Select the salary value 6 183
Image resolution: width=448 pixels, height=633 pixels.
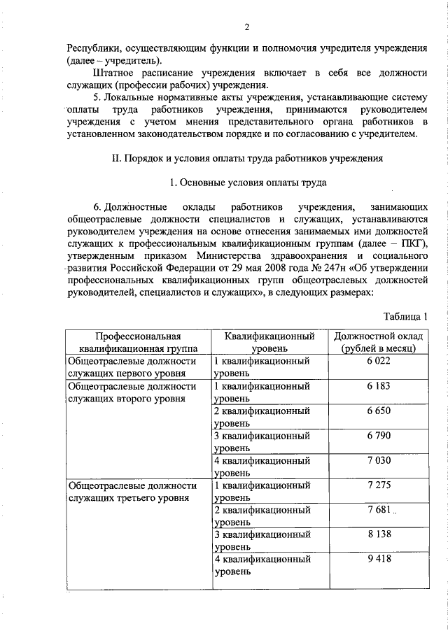pyautogui.click(x=377, y=385)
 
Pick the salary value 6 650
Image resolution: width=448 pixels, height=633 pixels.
pyautogui.click(x=377, y=411)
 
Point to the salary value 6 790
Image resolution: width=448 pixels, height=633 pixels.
pyautogui.click(x=377, y=436)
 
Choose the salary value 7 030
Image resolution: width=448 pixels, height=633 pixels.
pyautogui.click(x=377, y=461)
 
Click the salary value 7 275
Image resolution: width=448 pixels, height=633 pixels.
pyautogui.click(x=377, y=485)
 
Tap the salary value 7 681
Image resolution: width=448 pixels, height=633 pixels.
pyautogui.click(x=377, y=510)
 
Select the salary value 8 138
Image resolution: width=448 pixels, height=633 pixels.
pyautogui.click(x=377, y=535)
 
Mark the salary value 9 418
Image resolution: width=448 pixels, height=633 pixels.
pyautogui.click(x=377, y=560)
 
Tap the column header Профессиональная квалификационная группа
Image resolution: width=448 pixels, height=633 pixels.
pyautogui.click(x=138, y=341)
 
